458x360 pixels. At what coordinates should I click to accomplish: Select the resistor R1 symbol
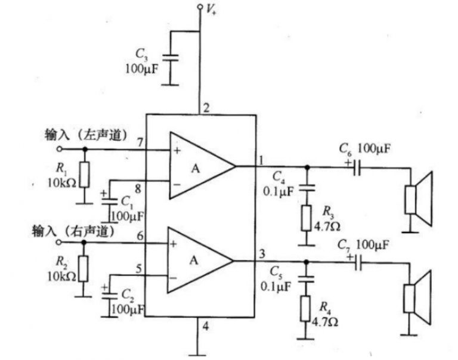click(x=85, y=174)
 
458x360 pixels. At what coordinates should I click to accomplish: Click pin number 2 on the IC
click(x=206, y=108)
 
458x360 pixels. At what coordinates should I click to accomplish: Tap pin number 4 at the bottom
click(x=206, y=325)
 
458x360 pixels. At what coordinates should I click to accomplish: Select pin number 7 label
click(x=140, y=142)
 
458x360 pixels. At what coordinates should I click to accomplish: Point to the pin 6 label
click(x=140, y=236)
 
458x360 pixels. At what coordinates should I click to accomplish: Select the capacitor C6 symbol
click(x=357, y=167)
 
